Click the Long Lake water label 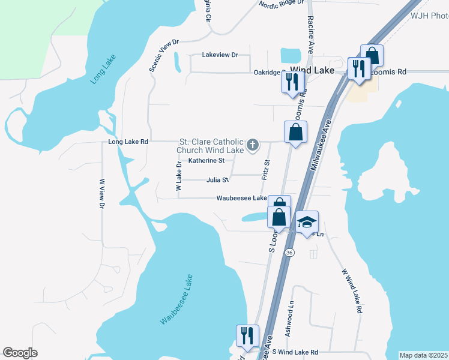pyautogui.click(x=103, y=69)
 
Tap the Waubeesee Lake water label pyautogui.click(x=177, y=299)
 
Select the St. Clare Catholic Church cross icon pyautogui.click(x=253, y=144)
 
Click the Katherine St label pyautogui.click(x=206, y=161)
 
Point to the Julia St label pyautogui.click(x=217, y=179)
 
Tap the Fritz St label pyautogui.click(x=265, y=170)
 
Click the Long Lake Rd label pyautogui.click(x=128, y=142)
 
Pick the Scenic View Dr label pyautogui.click(x=164, y=55)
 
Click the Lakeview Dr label pyautogui.click(x=220, y=55)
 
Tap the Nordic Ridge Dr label pyautogui.click(x=282, y=5)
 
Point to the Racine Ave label pyautogui.click(x=311, y=37)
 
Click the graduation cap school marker pyautogui.click(x=307, y=223)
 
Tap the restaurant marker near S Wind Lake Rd pyautogui.click(x=247, y=336)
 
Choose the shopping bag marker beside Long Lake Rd pyautogui.click(x=295, y=133)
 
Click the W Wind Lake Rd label pyautogui.click(x=352, y=292)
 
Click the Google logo pyautogui.click(x=20, y=353)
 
